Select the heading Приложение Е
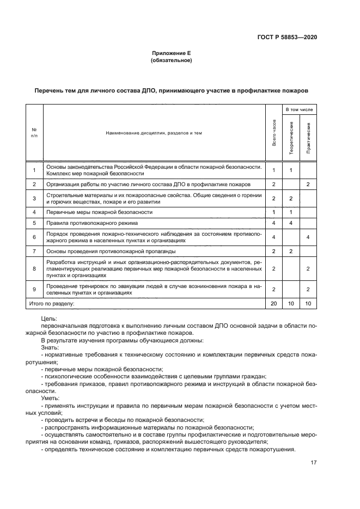(x=170, y=53)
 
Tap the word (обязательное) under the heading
(x=170, y=60)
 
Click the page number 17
(x=313, y=463)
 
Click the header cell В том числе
(x=300, y=109)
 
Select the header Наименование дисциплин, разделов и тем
(x=147, y=133)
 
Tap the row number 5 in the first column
(x=34, y=223)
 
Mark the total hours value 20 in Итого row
(x=273, y=303)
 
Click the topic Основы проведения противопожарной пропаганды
(x=115, y=251)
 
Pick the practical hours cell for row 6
(x=308, y=237)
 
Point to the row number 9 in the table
(x=34, y=289)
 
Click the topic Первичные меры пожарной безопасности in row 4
(x=100, y=212)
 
